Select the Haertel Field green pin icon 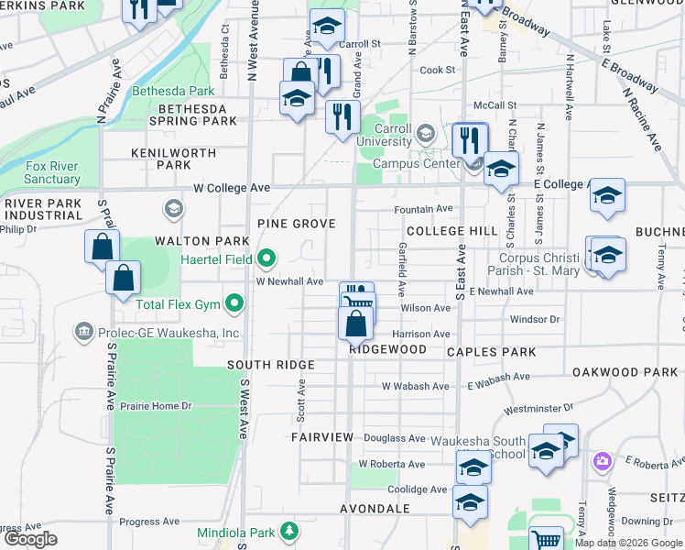click(266, 260)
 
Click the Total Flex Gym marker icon click(235, 302)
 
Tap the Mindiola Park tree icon click(289, 531)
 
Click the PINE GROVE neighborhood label click(296, 224)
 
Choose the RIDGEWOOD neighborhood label click(387, 349)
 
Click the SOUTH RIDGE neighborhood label click(271, 365)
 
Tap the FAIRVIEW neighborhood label click(322, 437)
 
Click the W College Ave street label click(232, 188)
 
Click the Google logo click(31, 539)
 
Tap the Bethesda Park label click(173, 91)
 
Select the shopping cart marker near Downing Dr click(546, 539)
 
